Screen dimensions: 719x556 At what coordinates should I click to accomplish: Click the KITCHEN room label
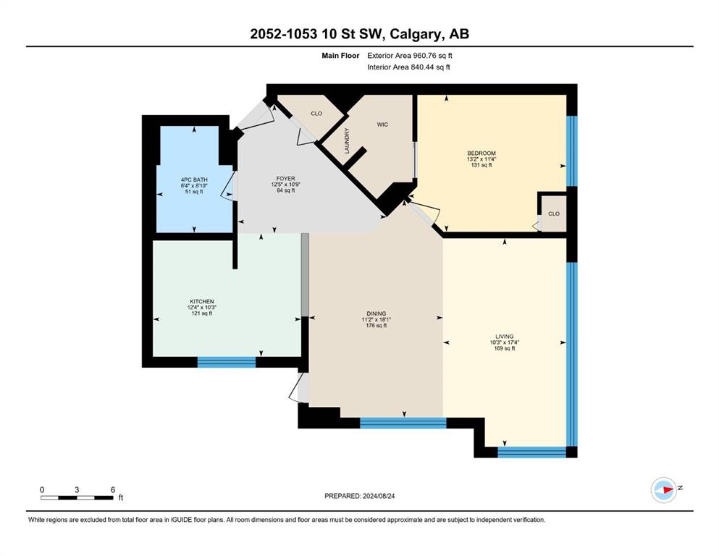pyautogui.click(x=202, y=302)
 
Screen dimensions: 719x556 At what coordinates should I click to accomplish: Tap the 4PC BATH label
pyautogui.click(x=194, y=180)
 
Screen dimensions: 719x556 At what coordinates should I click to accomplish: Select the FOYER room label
pyautogui.click(x=286, y=178)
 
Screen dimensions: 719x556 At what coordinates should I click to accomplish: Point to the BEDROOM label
pyautogui.click(x=482, y=153)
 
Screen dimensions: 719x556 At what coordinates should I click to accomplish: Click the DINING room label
pyautogui.click(x=377, y=313)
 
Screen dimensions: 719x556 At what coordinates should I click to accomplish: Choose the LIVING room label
pyautogui.click(x=505, y=336)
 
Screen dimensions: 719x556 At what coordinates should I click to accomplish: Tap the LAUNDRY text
pyautogui.click(x=347, y=140)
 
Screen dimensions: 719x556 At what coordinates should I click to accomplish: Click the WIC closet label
pyautogui.click(x=382, y=125)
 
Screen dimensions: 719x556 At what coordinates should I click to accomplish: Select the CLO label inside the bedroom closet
pyautogui.click(x=554, y=214)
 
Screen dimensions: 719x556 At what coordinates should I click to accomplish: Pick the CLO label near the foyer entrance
pyautogui.click(x=316, y=113)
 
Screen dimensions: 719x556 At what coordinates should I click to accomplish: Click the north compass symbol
pyautogui.click(x=664, y=489)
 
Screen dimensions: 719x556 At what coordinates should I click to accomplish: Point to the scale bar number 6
pyautogui.click(x=113, y=489)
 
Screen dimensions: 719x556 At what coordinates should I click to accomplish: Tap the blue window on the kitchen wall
pyautogui.click(x=227, y=362)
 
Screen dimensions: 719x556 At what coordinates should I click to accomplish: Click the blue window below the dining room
pyautogui.click(x=403, y=423)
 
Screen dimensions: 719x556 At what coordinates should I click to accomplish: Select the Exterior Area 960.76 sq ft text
pyautogui.click(x=410, y=56)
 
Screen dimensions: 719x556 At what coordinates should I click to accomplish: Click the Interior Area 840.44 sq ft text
pyautogui.click(x=408, y=67)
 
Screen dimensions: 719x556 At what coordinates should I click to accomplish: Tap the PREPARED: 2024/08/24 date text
pyautogui.click(x=359, y=496)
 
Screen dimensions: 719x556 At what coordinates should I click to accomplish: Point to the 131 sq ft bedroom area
pyautogui.click(x=482, y=165)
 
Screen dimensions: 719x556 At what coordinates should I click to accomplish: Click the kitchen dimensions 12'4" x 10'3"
pyautogui.click(x=202, y=308)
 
